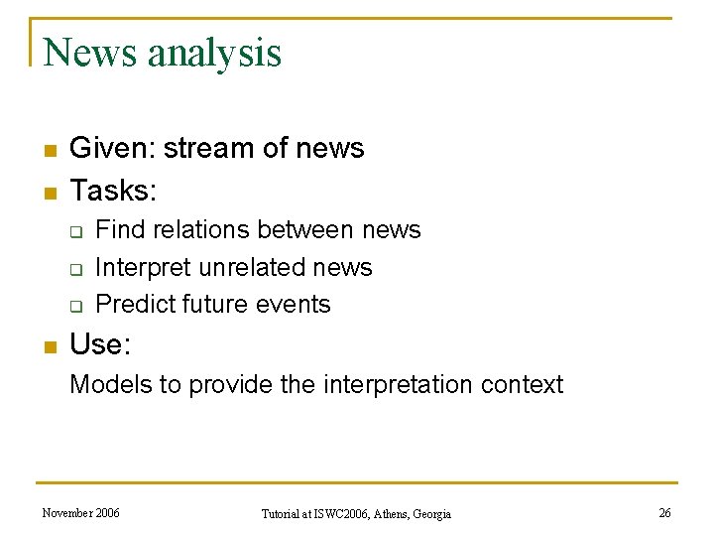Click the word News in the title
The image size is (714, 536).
(x=91, y=53)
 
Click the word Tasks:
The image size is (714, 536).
(x=114, y=189)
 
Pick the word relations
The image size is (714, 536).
(x=204, y=230)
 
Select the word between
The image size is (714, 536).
(x=310, y=230)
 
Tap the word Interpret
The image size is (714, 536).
(x=144, y=267)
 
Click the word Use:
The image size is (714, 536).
(x=100, y=344)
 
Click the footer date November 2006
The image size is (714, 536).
(x=80, y=513)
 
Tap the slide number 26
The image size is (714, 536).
(x=664, y=513)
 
